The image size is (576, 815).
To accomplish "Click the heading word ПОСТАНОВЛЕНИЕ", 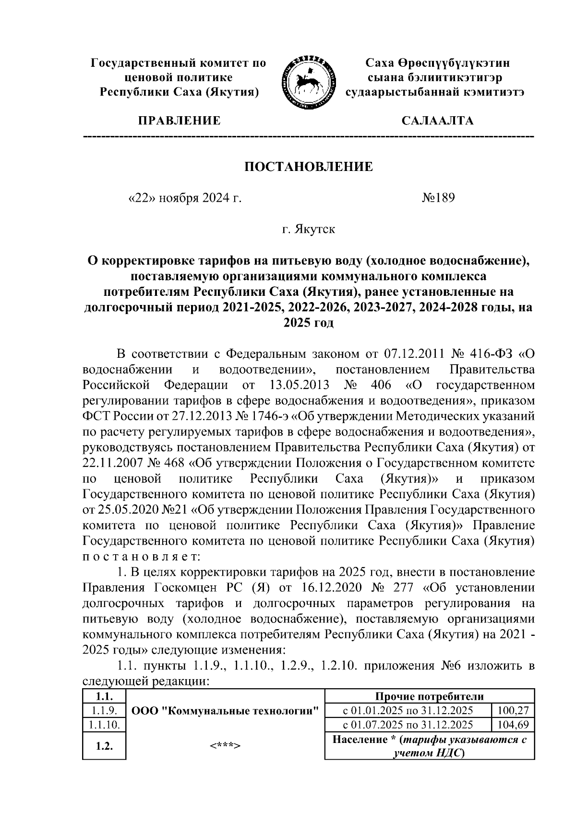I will tap(309, 167).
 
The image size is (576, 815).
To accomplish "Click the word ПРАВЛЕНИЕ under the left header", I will tap(180, 121).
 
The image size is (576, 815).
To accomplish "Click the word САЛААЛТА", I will tap(437, 121).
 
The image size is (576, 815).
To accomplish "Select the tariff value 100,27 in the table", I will tap(513, 711).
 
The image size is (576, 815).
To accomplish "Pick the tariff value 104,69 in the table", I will tap(513, 725).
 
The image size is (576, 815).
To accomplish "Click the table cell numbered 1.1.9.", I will tap(104, 711).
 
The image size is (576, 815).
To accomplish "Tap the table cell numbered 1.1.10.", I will tap(104, 725).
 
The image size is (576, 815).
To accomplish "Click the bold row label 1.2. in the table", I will tap(104, 746).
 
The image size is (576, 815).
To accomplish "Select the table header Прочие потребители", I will tap(429, 697).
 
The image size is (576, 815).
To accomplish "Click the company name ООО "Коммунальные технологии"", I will tap(225, 711).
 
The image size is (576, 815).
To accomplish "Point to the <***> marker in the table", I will tap(225, 746).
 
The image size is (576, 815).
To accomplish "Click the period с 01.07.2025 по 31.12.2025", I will tap(408, 725).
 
